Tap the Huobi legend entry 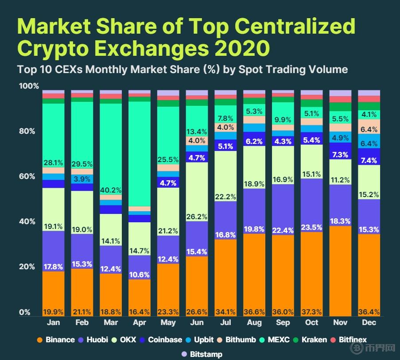[96, 340]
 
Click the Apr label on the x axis [140, 323]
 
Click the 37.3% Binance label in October [312, 312]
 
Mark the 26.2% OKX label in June [197, 217]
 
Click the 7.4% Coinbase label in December [369, 160]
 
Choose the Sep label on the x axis [283, 323]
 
